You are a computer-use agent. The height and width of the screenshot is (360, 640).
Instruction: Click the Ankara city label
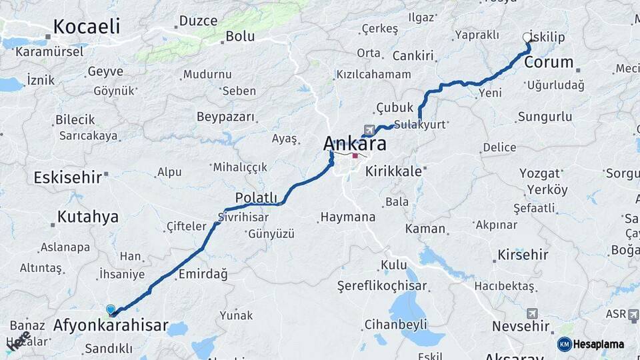(x=355, y=143)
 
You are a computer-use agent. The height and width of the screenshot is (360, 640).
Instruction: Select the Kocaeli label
(x=86, y=27)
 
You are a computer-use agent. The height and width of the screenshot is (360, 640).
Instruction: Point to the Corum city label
(x=549, y=63)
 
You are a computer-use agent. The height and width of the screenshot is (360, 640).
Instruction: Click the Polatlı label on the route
(x=256, y=197)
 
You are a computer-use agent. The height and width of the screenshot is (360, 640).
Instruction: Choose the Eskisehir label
(x=67, y=177)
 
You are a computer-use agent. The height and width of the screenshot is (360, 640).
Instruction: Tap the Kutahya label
(x=87, y=217)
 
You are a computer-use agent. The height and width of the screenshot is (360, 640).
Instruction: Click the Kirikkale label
(x=393, y=171)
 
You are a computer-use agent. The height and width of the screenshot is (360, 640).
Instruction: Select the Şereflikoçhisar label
(x=382, y=286)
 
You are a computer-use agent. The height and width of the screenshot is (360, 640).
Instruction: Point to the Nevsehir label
(x=520, y=327)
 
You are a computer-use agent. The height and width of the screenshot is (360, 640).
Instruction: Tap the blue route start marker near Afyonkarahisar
(x=111, y=309)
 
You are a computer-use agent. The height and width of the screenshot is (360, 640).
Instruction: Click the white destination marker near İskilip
(x=527, y=38)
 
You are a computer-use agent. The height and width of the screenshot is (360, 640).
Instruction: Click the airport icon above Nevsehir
(x=532, y=313)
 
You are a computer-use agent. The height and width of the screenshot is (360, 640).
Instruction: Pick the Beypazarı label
(x=225, y=117)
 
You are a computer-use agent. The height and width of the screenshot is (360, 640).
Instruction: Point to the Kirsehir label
(x=523, y=255)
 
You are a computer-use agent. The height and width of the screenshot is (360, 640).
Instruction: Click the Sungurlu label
(x=545, y=117)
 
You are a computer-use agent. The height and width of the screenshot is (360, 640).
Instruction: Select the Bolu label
(x=240, y=37)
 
